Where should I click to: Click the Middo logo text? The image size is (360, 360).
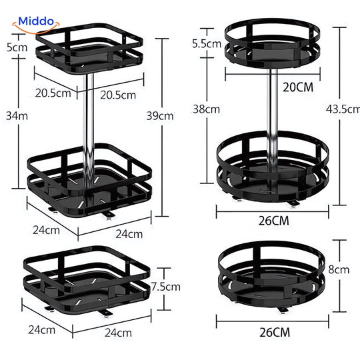pyautogui.click(x=36, y=21)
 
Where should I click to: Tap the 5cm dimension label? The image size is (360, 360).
pyautogui.click(x=17, y=47)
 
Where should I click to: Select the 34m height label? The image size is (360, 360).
pyautogui.click(x=17, y=116)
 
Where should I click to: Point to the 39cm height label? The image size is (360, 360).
pyautogui.click(x=160, y=116)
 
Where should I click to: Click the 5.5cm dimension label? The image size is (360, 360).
pyautogui.click(x=207, y=43)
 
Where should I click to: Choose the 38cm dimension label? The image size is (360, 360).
pyautogui.click(x=206, y=109)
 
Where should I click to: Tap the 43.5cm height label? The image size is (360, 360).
pyautogui.click(x=343, y=109)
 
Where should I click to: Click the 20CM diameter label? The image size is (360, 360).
pyautogui.click(x=298, y=87)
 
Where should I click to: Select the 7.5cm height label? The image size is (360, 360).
pyautogui.click(x=166, y=287)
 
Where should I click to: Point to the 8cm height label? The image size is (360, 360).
pyautogui.click(x=339, y=269)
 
